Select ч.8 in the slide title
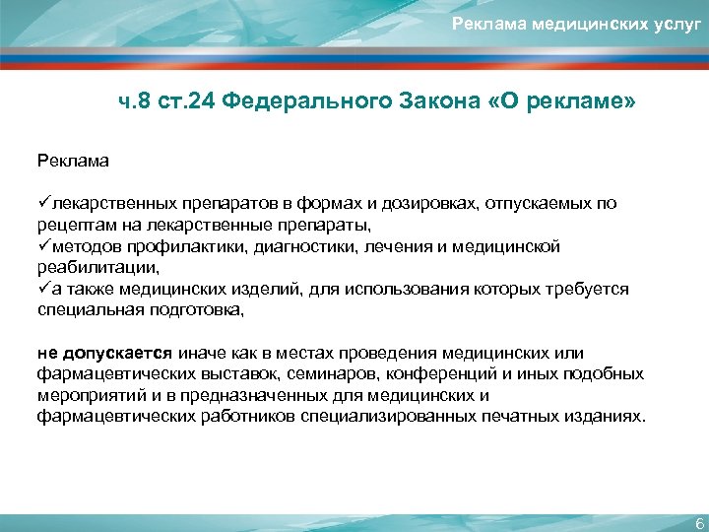click(136, 103)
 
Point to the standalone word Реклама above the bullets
click(74, 158)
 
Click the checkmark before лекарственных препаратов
click(44, 203)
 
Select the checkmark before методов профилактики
click(44, 246)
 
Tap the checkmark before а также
click(44, 289)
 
